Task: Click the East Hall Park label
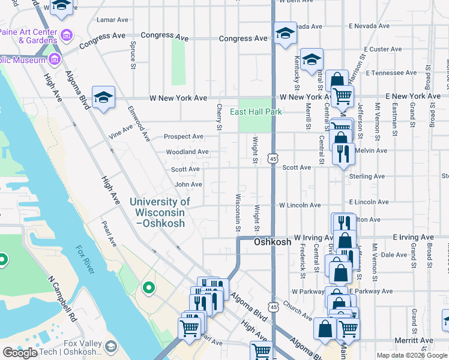[x=256, y=112]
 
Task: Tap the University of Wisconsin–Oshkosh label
[x=160, y=212]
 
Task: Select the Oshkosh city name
[x=273, y=242]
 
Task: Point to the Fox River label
[x=85, y=260]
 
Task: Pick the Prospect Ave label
[x=184, y=137]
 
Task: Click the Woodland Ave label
[x=187, y=152]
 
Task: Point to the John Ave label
[x=188, y=185]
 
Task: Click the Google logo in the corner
[x=20, y=353]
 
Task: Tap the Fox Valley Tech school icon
[x=110, y=346]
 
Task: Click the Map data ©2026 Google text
[x=411, y=355]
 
